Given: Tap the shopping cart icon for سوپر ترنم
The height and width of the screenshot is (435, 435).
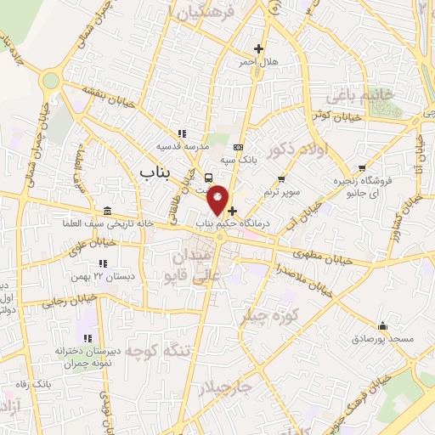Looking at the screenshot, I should click(281, 179).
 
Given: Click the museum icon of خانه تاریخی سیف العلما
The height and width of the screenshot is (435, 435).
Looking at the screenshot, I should click(106, 211).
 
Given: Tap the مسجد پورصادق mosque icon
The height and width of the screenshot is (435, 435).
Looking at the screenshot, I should click(383, 325).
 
